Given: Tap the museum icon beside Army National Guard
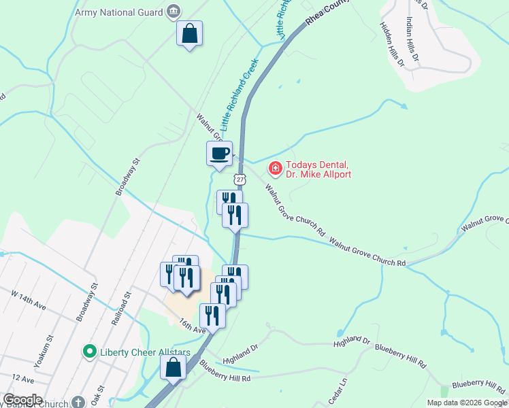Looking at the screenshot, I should click(x=174, y=11).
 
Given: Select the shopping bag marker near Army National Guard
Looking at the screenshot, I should click(x=189, y=33).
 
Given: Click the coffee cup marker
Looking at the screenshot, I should click(x=219, y=153).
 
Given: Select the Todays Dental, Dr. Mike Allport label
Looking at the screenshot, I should click(x=318, y=169).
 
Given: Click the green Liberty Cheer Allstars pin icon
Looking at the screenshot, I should click(x=88, y=352).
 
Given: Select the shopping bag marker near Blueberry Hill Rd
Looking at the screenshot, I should click(x=173, y=368).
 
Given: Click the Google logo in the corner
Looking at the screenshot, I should click(x=22, y=400).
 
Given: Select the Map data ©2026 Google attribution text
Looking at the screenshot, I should click(x=467, y=403).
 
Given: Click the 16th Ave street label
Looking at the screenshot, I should click(x=192, y=325).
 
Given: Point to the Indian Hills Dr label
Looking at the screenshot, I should click(x=416, y=34).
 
